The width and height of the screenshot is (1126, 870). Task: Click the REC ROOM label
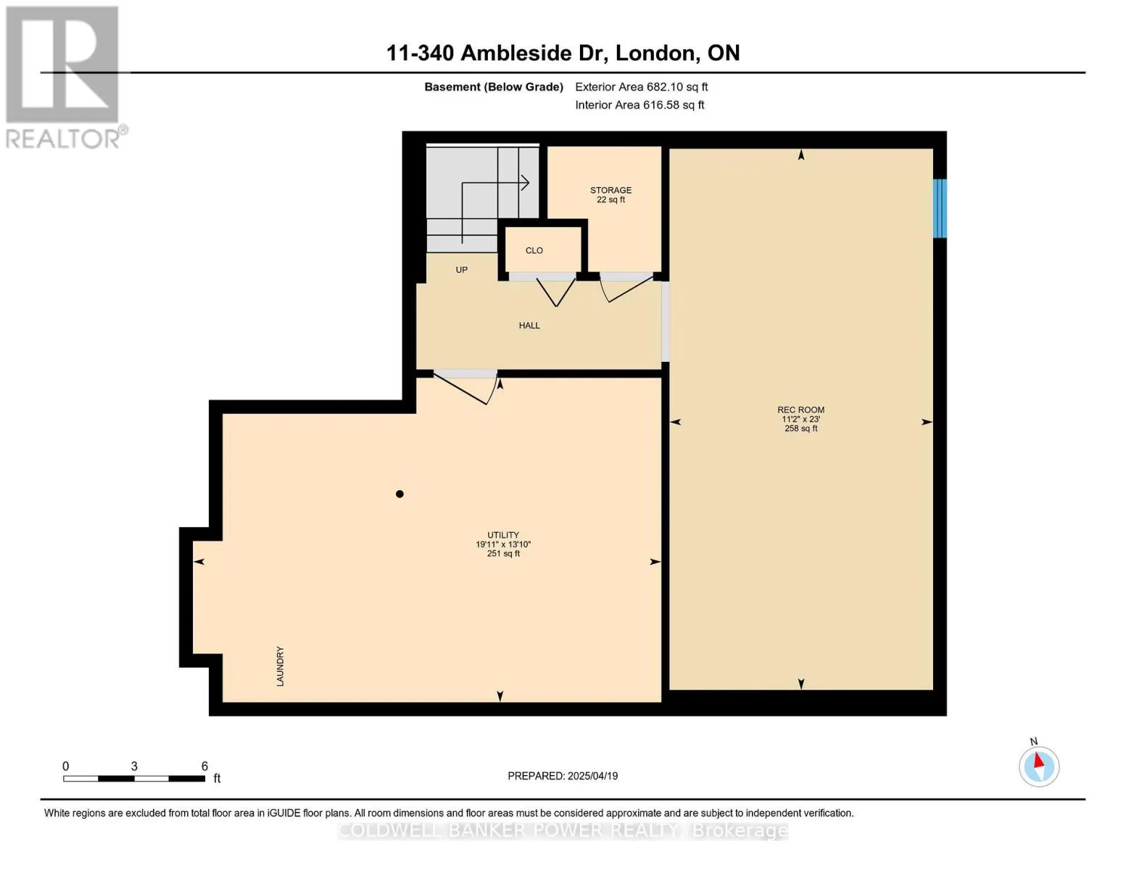[x=800, y=410]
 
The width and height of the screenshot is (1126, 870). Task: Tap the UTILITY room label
[x=502, y=535]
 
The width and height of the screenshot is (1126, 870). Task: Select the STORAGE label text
[x=610, y=190]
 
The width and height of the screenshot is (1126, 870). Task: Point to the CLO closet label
[x=534, y=251]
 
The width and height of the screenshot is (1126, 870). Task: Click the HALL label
[x=529, y=326]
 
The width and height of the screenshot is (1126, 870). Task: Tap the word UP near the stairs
[x=461, y=270]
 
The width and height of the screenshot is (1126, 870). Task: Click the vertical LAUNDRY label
[x=280, y=666]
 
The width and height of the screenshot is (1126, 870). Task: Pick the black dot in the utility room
[x=400, y=494]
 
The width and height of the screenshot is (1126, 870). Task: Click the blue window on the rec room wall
[x=940, y=208]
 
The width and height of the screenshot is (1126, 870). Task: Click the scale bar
[x=134, y=778]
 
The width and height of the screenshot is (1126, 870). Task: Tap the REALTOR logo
[x=64, y=78]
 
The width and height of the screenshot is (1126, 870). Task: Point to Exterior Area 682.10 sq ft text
[x=641, y=87]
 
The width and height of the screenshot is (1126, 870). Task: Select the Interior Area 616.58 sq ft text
[x=639, y=105]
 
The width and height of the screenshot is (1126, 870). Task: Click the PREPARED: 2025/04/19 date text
[x=563, y=776]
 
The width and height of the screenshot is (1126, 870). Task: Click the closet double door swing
[x=555, y=292]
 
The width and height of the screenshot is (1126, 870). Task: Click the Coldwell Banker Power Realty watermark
[x=563, y=831]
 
